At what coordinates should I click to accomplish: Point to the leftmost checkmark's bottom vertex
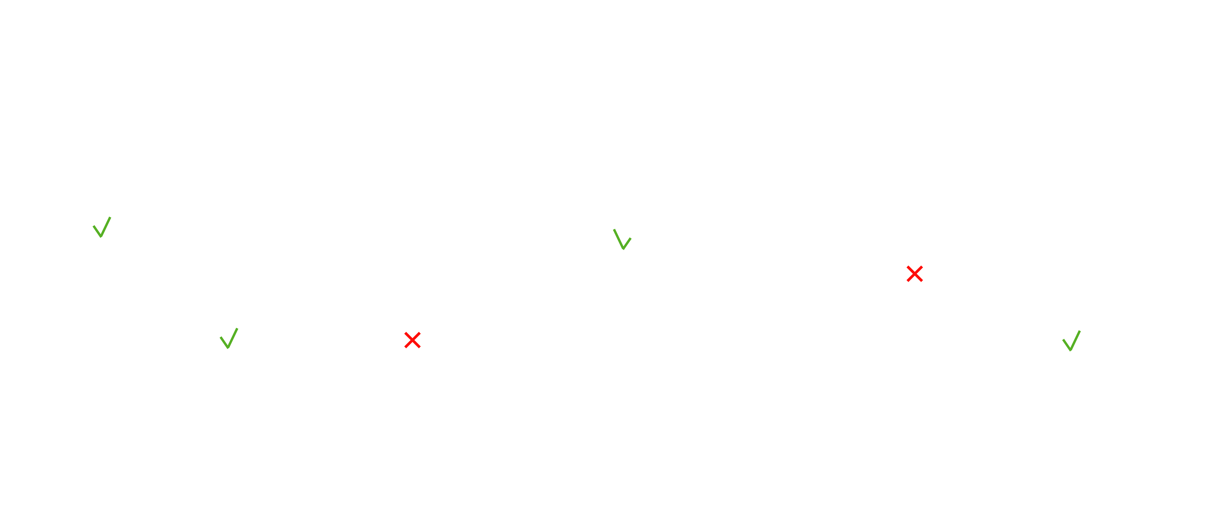pos(101,236)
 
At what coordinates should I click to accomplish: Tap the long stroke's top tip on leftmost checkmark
pos(110,217)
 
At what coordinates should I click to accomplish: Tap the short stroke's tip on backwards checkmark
pos(630,238)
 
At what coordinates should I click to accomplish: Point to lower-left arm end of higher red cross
pos(908,281)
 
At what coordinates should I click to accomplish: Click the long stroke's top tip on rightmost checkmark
pos(1080,331)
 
